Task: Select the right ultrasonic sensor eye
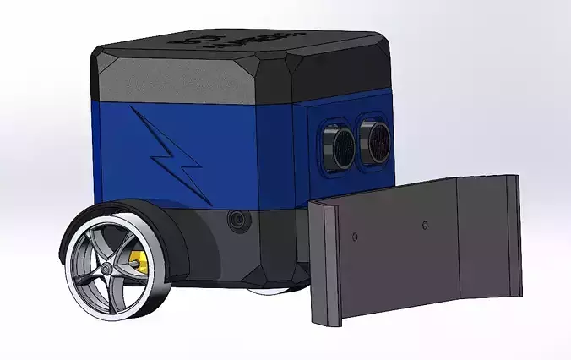click(373, 139)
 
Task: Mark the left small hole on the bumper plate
click(355, 233)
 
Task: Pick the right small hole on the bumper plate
click(425, 225)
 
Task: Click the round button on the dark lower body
click(237, 222)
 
